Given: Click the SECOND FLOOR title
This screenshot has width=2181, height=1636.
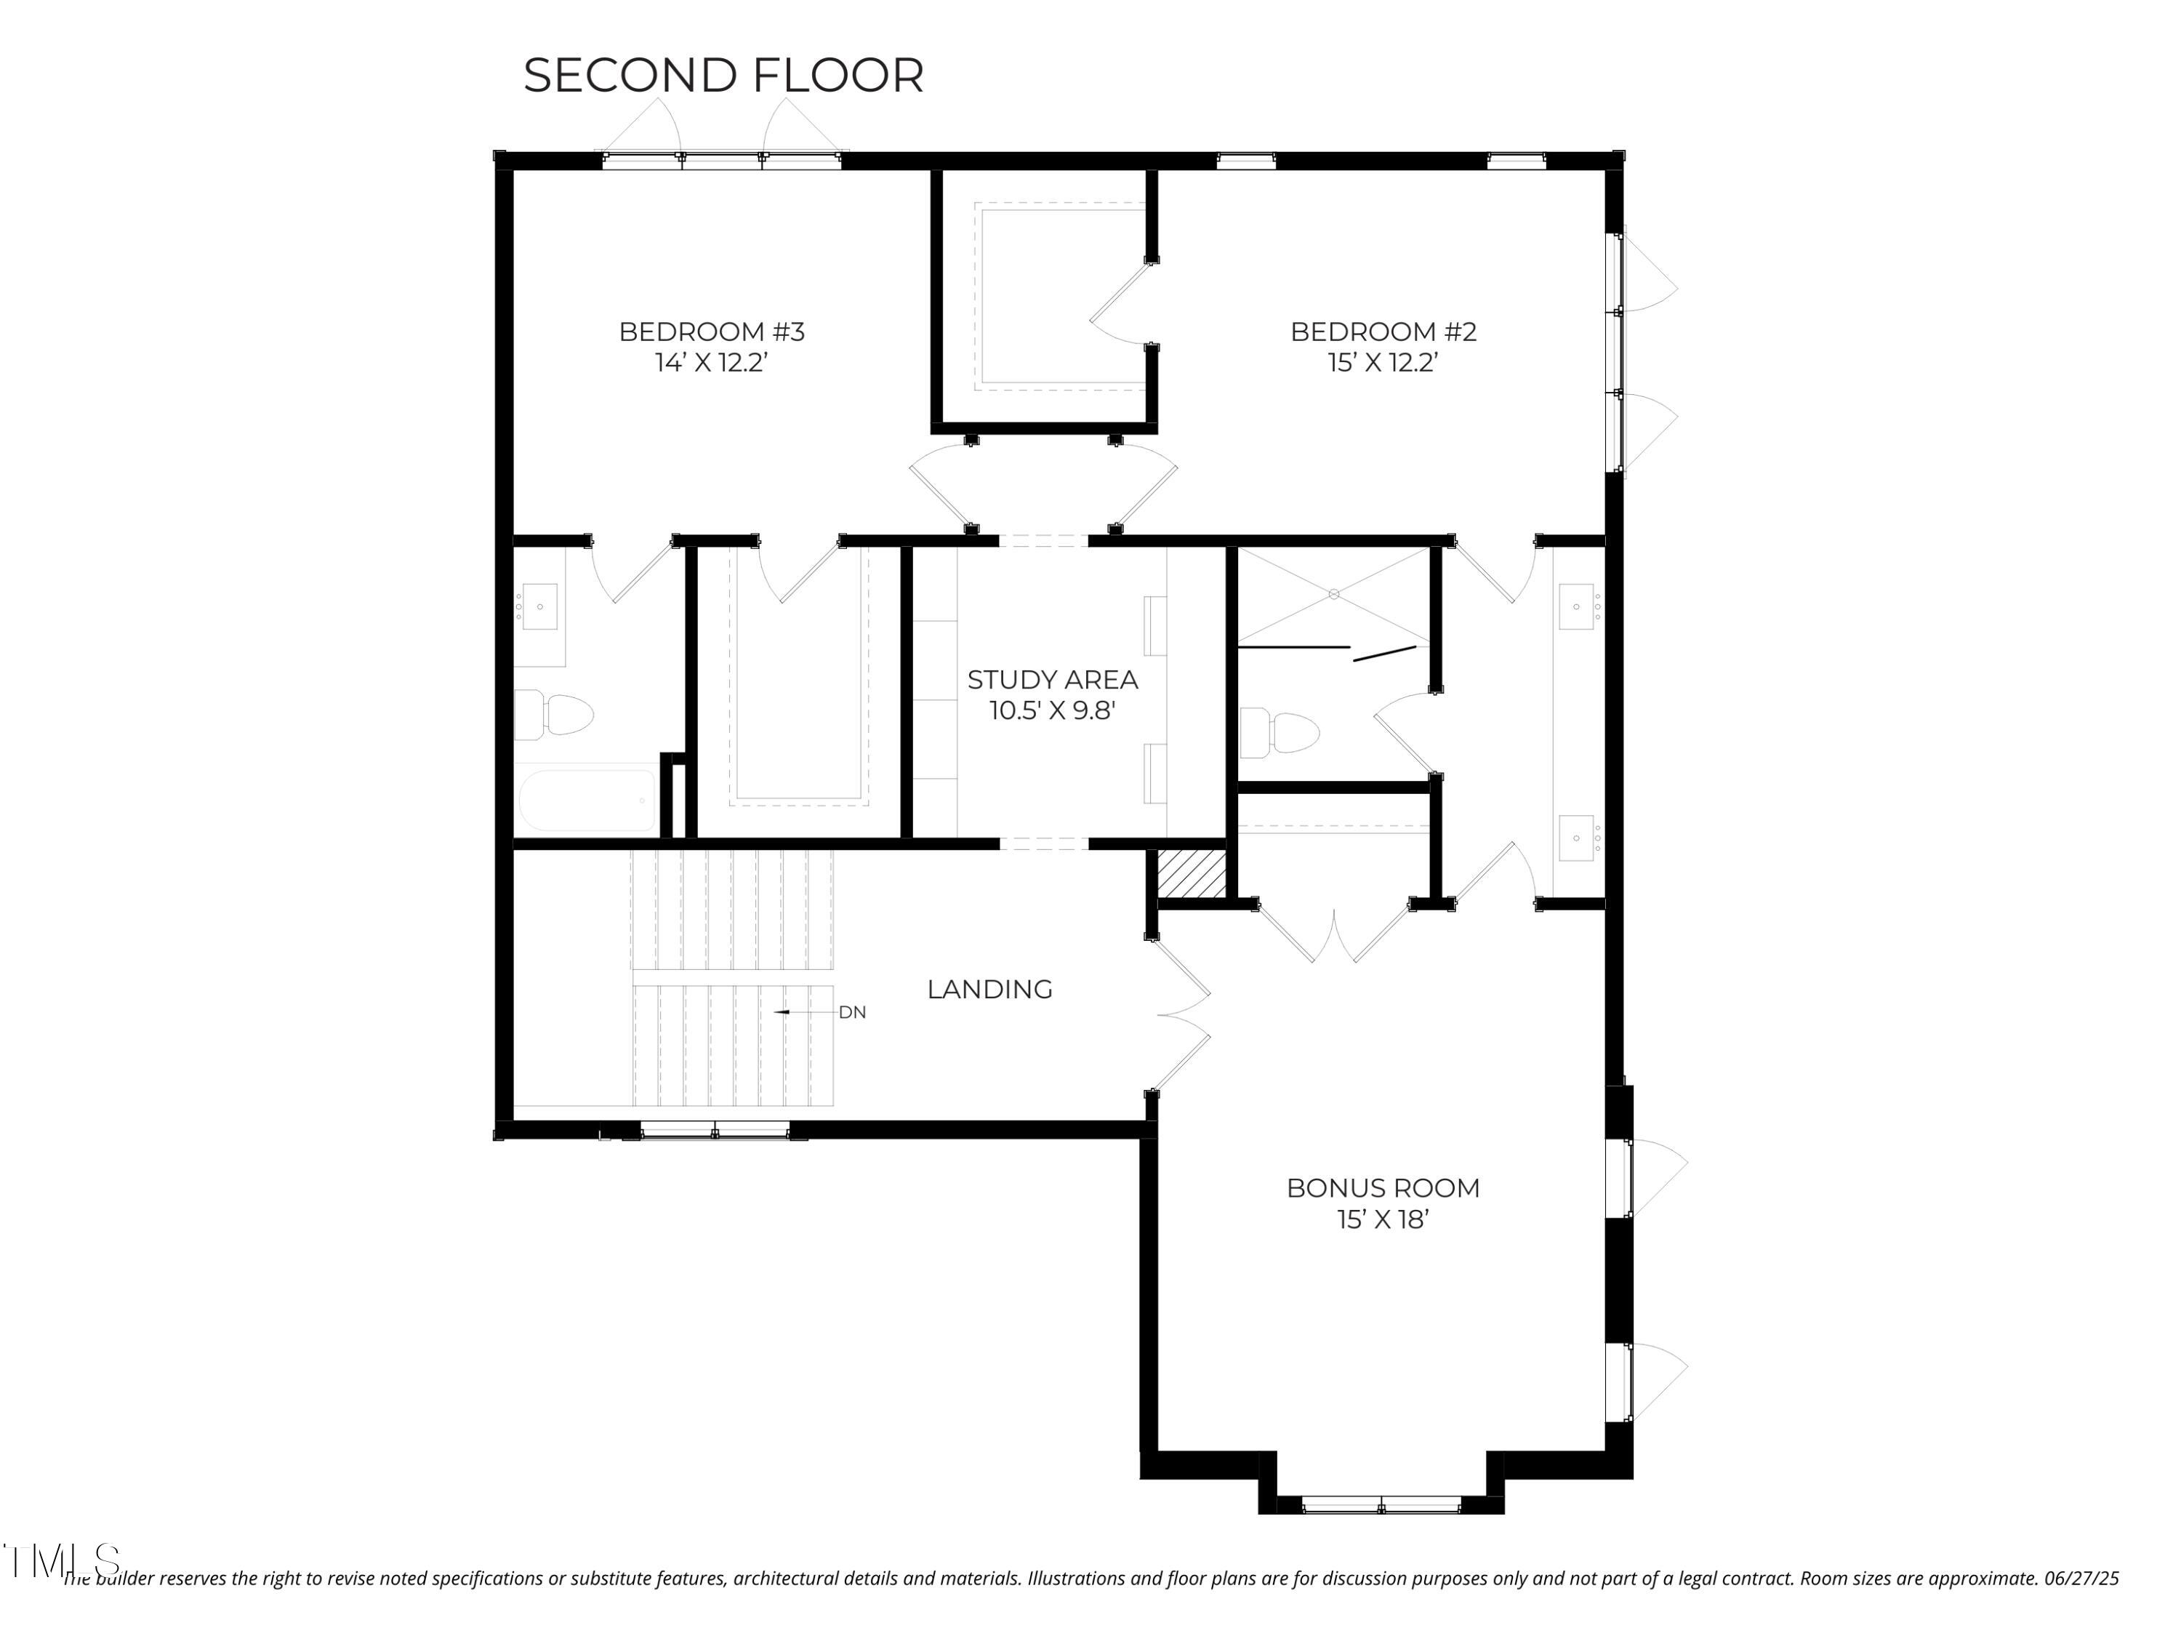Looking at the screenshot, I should point(723,76).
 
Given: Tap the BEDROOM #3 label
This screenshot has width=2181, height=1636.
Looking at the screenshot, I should point(711,332).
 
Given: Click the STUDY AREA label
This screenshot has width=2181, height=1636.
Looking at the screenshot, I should point(1052,679).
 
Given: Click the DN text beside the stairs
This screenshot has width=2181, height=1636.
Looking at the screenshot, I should point(852,1013).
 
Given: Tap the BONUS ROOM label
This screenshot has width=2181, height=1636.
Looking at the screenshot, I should point(1382,1188).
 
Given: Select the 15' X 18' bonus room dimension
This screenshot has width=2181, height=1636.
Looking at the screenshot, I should point(1382,1220).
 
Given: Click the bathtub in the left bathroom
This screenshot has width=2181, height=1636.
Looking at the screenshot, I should point(587,801).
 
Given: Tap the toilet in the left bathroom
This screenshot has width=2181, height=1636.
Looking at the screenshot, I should point(557,714).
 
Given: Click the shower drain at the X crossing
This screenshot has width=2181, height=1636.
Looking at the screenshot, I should point(1333,593).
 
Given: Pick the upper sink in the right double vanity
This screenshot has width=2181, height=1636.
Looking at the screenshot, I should point(1577,606).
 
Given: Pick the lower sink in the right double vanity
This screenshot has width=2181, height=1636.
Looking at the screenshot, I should point(1577,838).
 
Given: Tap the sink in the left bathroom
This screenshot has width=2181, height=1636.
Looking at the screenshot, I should point(539,606).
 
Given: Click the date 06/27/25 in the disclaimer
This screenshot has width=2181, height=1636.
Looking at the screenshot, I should point(2081,1579).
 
